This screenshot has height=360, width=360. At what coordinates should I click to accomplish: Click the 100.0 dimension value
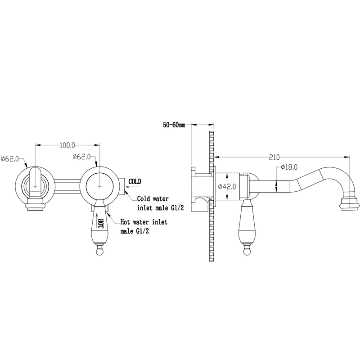67,145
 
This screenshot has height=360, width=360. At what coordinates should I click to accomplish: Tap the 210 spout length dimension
274,157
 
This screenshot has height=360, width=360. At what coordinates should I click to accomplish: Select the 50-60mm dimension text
174,125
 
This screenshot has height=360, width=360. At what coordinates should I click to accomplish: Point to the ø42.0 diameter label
227,186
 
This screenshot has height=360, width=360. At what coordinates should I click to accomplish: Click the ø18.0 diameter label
289,167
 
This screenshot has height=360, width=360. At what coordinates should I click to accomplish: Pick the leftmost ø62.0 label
9,159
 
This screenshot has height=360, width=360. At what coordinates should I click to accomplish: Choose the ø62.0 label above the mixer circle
81,157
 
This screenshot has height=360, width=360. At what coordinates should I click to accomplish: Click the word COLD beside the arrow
135,182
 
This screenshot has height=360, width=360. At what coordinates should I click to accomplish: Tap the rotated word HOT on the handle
100,223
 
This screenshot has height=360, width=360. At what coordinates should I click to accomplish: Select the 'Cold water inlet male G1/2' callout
160,203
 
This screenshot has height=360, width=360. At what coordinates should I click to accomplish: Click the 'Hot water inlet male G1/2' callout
144,227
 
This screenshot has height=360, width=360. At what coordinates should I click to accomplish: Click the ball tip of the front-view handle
99,252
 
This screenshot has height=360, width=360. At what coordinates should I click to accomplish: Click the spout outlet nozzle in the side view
350,203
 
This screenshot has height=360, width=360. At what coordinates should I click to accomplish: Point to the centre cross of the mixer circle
99,186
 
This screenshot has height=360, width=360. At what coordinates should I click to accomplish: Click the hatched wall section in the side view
211,196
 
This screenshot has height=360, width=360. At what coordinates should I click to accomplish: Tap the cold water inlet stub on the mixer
121,186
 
